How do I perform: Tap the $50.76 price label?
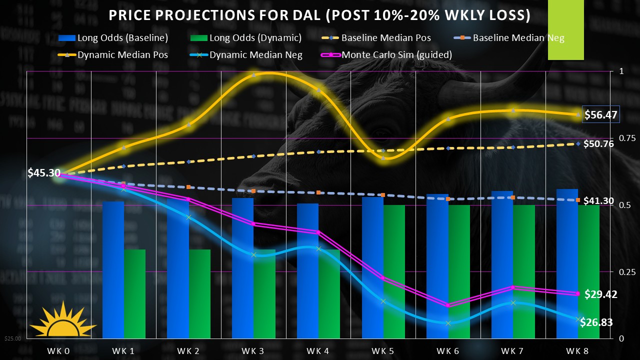pyautogui.click(x=598, y=144)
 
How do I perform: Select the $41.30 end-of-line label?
pyautogui.click(x=598, y=201)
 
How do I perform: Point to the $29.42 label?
pyautogui.click(x=600, y=294)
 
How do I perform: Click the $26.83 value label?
pyautogui.click(x=596, y=322)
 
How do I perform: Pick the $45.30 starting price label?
pyautogui.click(x=44, y=173)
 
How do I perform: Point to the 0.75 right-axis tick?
pyautogui.click(x=621, y=138)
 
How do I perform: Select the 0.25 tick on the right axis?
pyautogui.click(x=621, y=271)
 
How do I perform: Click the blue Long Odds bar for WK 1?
pyautogui.click(x=113, y=270)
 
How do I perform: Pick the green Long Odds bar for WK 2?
pyautogui.click(x=199, y=294)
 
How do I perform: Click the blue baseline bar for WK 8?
pyautogui.click(x=567, y=263)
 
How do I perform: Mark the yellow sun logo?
pyautogui.click(x=62, y=321)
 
